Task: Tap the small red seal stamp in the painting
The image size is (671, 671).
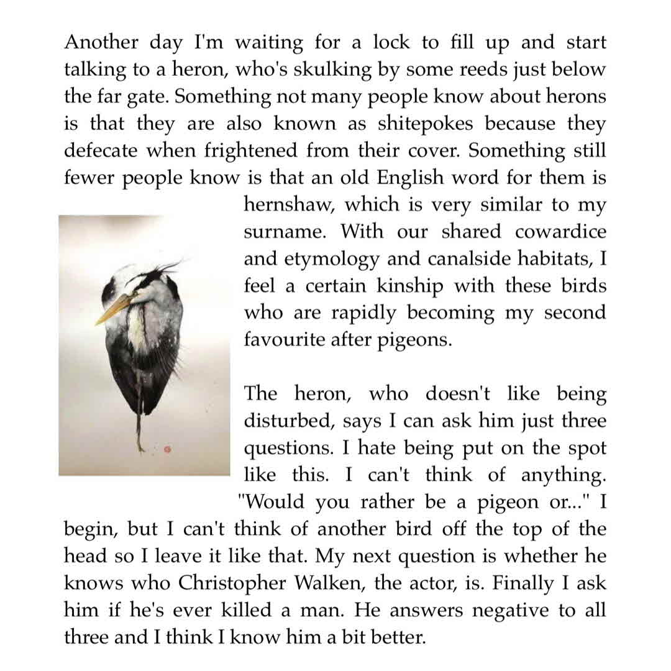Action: pos(167,447)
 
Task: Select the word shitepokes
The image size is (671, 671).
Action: pos(425,124)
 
